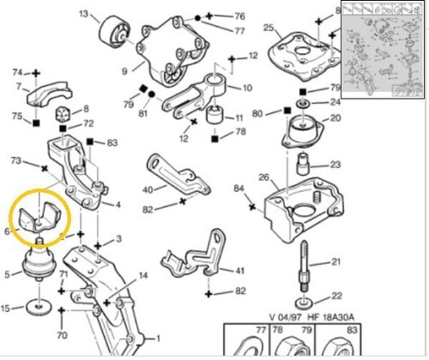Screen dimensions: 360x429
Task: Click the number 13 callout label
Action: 82,15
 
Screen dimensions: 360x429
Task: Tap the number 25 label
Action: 269,28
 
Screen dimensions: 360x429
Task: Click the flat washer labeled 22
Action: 305,302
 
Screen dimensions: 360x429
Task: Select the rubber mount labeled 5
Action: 39,267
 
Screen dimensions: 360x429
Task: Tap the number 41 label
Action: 240,270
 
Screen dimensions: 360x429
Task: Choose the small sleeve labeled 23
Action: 303,163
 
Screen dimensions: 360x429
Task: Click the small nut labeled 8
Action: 62,116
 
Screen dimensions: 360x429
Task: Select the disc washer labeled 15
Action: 39,306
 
